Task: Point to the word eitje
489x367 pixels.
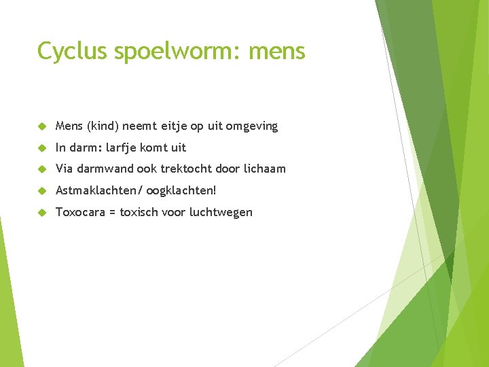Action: (x=177, y=126)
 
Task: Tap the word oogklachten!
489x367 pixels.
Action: (x=181, y=190)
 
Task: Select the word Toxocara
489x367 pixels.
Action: (x=80, y=212)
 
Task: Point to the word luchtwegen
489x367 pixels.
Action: (x=221, y=212)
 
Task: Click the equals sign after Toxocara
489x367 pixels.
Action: (x=112, y=212)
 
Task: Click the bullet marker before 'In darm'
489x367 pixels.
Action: (x=41, y=147)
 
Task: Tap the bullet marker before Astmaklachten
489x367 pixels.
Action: (x=41, y=190)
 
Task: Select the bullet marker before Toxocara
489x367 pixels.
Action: (x=41, y=212)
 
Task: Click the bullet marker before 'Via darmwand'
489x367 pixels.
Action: (x=41, y=169)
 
